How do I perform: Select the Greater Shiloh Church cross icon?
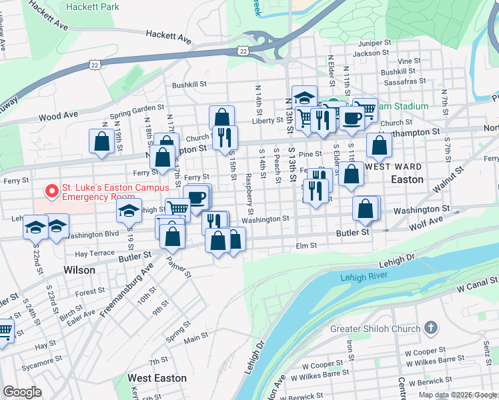click(x=432, y=328)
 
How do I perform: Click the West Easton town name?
click(x=157, y=378)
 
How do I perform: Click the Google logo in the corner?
click(x=23, y=392)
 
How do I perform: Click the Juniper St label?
click(x=375, y=43)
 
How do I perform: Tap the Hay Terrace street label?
click(x=95, y=254)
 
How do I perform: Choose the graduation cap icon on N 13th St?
click(x=304, y=97)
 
